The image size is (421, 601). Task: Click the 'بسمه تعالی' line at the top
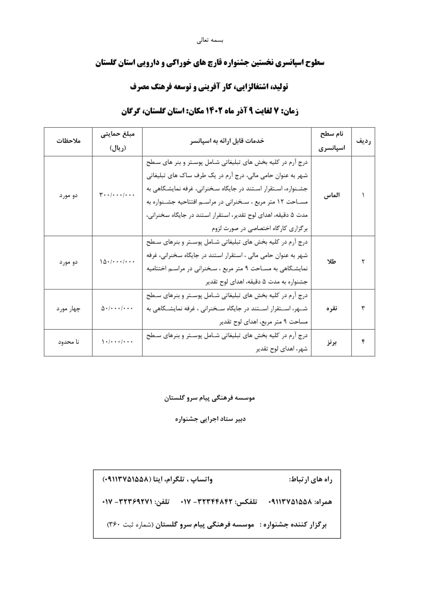[210, 40]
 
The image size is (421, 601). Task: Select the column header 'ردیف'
[363, 141]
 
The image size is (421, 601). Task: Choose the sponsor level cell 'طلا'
[332, 262]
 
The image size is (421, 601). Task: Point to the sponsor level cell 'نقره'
[333, 308]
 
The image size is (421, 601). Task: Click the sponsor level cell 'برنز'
[333, 342]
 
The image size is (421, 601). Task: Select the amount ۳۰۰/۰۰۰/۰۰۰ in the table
[117, 195]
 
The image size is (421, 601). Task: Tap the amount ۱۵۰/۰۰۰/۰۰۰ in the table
[117, 262]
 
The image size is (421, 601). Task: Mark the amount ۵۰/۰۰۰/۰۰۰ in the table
[117, 308]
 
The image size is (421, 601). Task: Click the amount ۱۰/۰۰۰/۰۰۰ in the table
[117, 342]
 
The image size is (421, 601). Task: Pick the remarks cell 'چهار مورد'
[69, 308]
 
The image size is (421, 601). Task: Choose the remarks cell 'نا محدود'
[69, 342]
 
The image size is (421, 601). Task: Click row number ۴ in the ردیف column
[363, 342]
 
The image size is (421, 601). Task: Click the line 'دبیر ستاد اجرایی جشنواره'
[210, 420]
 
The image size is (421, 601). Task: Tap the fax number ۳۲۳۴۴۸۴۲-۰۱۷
[207, 501]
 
